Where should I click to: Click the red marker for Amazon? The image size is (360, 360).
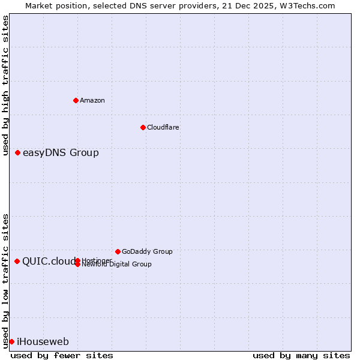pyautogui.click(x=76, y=100)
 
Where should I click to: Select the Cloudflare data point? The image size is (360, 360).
pyautogui.click(x=143, y=127)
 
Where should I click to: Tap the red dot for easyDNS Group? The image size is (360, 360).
pyautogui.click(x=18, y=152)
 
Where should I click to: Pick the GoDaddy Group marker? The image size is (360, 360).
pyautogui.click(x=118, y=251)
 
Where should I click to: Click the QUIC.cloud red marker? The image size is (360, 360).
pyautogui.click(x=17, y=261)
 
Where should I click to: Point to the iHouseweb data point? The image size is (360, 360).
pyautogui.click(x=11, y=341)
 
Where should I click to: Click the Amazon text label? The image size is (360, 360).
pyautogui.click(x=92, y=100)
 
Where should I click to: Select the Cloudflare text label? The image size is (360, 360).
pyautogui.click(x=163, y=127)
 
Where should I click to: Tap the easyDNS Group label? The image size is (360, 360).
pyautogui.click(x=61, y=152)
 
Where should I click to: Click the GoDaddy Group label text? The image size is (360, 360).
pyautogui.click(x=147, y=251)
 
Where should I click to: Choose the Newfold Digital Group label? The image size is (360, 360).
pyautogui.click(x=117, y=265)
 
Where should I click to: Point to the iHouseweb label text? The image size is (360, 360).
pyautogui.click(x=43, y=342)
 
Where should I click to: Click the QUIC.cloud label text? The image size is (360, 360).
pyautogui.click(x=49, y=261)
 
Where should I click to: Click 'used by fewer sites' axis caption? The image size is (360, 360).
pyautogui.click(x=62, y=355)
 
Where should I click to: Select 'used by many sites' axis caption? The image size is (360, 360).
pyautogui.click(x=301, y=355)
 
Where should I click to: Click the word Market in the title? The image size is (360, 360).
pyautogui.click(x=40, y=5)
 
